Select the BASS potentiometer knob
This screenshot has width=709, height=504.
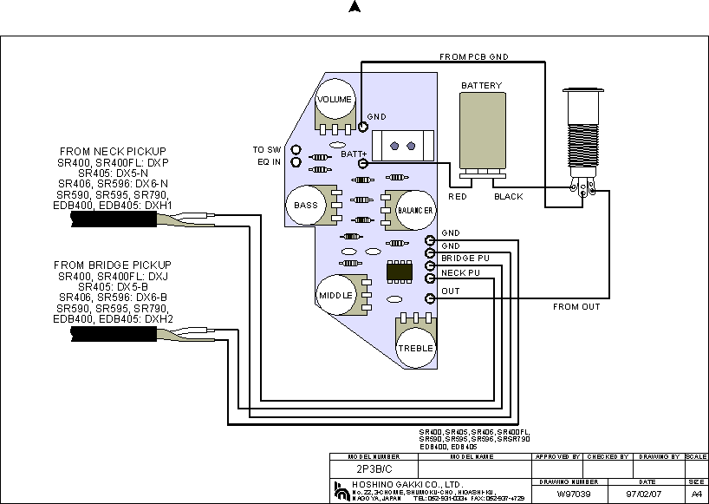coord(305,206)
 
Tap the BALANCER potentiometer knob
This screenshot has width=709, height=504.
coord(416,211)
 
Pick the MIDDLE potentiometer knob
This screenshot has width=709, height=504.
coord(335,295)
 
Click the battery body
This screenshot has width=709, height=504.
coord(481,133)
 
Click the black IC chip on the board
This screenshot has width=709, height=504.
coord(400,272)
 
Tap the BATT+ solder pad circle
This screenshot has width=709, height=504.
coord(362,164)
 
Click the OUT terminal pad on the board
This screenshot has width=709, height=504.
coord(430,298)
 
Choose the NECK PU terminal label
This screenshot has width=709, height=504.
coord(459,272)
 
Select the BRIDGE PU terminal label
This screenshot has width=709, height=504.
coord(465,259)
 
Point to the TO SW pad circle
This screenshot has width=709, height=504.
coord(296,149)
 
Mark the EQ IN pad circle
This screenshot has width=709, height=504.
coord(296,161)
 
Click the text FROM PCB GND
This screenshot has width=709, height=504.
coord(473,56)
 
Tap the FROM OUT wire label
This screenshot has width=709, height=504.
coord(576,307)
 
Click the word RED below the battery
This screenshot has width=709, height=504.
coord(458,197)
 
